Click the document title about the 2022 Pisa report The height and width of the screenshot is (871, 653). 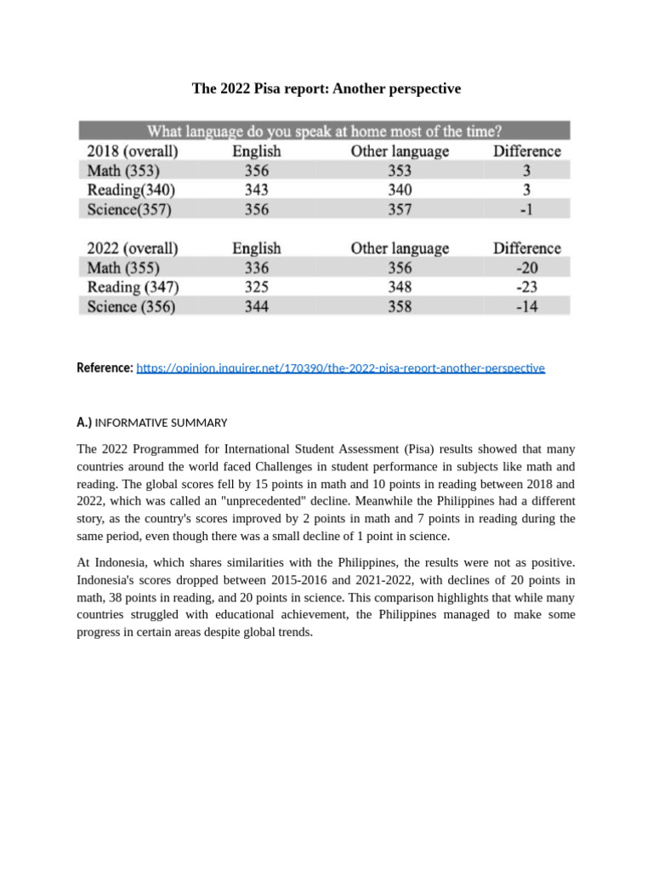tap(326, 88)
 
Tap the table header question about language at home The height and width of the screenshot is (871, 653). tap(324, 131)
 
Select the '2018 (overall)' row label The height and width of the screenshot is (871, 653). tap(133, 151)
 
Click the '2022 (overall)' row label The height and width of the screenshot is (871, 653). tap(133, 248)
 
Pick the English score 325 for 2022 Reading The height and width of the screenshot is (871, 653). tap(256, 287)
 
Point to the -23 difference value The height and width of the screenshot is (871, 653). tap(526, 287)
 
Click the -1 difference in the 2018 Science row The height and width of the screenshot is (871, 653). tap(526, 209)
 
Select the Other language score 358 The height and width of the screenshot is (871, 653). tap(400, 306)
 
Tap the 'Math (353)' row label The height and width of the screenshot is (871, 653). tap(123, 171)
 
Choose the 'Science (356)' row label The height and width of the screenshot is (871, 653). tap(132, 306)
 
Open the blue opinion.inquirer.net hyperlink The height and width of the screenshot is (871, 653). tap(340, 368)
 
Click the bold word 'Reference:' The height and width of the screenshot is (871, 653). tap(105, 368)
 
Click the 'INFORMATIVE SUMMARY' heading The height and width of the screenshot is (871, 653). tap(161, 423)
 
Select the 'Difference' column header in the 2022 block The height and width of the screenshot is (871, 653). tap(526, 248)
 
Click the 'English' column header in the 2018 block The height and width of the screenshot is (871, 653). tap(256, 151)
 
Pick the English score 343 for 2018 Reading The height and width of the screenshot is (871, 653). tap(256, 190)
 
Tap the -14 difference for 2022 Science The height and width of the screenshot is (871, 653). tap(526, 306)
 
